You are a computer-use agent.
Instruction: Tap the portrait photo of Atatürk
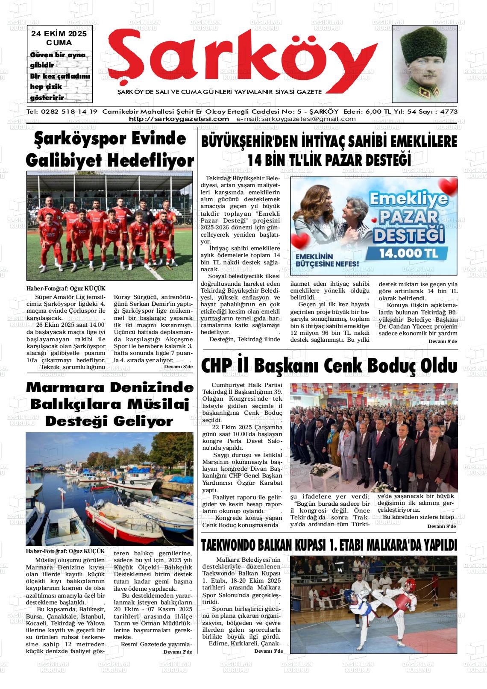pyautogui.click(x=424, y=64)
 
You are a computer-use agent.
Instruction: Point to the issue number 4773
pyautogui.click(x=449, y=111)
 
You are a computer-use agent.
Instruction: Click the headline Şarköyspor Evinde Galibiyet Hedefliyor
pyautogui.click(x=110, y=150)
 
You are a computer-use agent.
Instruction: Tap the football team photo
pyautogui.click(x=110, y=226)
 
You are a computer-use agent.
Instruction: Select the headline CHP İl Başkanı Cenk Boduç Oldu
pyautogui.click(x=329, y=366)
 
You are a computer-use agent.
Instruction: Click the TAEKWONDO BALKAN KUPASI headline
pyautogui.click(x=329, y=545)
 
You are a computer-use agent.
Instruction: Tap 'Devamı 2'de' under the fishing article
pyautogui.click(x=178, y=652)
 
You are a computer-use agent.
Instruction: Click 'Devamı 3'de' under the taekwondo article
pyautogui.click(x=268, y=651)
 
